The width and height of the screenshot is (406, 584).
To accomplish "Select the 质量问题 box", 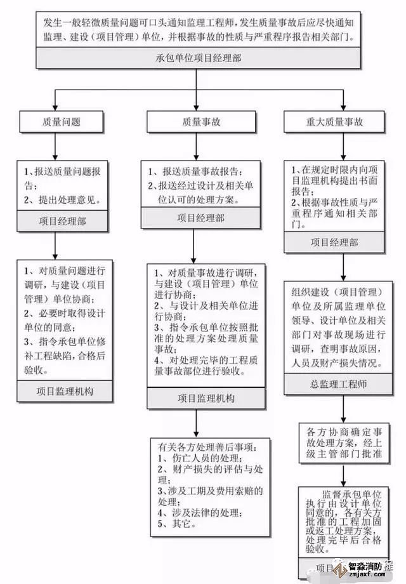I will tap(55, 121).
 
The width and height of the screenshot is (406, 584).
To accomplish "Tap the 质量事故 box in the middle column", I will tap(200, 121).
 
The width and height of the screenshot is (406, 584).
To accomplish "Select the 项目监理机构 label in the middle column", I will tap(200, 398).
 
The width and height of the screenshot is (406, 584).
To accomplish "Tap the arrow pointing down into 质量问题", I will tap(55, 103).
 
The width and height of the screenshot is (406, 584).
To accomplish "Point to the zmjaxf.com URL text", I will tap(366, 578).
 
